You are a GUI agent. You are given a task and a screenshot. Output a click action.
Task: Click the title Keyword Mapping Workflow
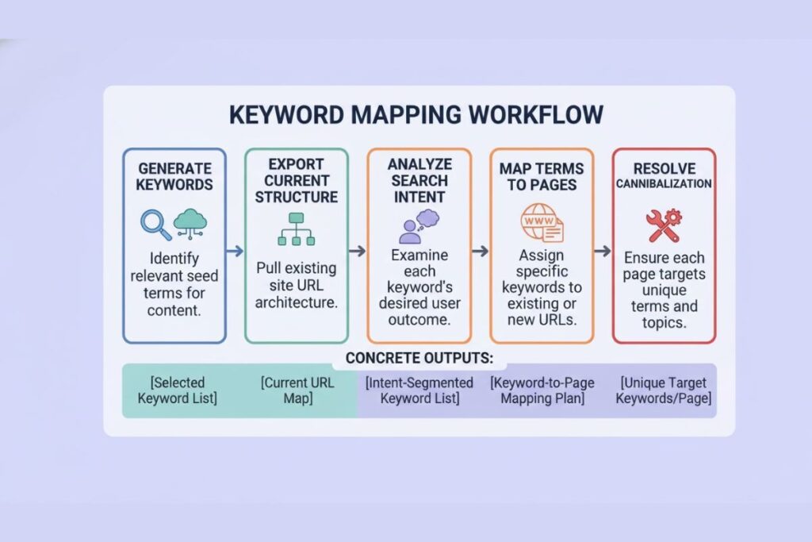(416, 114)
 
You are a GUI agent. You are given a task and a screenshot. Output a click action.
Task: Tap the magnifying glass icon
(155, 224)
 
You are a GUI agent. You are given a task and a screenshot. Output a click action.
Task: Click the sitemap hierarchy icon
(296, 229)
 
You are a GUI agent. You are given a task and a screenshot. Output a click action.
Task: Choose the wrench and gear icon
(664, 225)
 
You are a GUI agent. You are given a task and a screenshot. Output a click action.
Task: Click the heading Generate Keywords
(174, 175)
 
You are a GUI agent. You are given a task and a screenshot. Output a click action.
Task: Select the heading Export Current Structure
(296, 179)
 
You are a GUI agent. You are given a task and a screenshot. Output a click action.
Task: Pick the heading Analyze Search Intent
(419, 180)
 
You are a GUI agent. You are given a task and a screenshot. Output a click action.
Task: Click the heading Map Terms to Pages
(542, 176)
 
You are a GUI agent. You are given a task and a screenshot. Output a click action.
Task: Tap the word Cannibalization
(665, 183)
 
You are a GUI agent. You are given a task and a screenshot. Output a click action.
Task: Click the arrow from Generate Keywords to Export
(235, 251)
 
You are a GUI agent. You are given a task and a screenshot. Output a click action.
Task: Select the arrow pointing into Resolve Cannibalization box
(603, 251)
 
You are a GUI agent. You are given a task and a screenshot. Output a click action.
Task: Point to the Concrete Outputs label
(419, 358)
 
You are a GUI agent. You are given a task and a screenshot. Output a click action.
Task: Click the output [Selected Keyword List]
(177, 390)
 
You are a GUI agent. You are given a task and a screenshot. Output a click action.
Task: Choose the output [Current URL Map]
(297, 390)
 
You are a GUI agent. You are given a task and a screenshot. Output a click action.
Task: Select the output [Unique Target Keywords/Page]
(665, 390)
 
